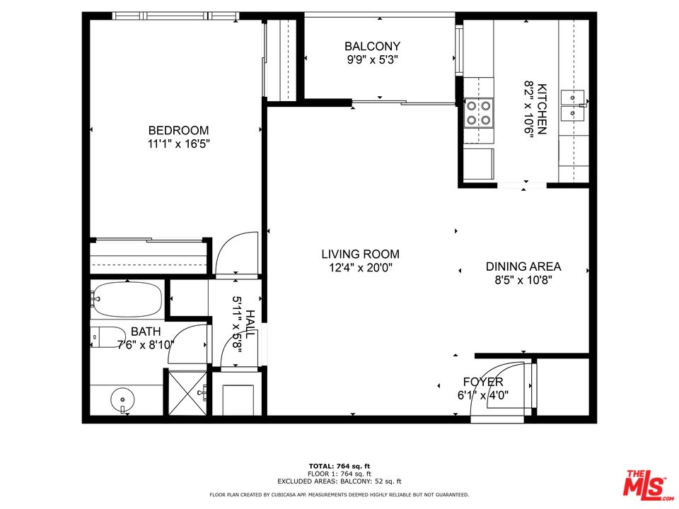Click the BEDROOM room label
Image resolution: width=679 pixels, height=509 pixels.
[178, 130]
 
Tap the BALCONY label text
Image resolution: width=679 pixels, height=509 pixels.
[373, 47]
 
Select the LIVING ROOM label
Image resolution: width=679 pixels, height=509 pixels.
[360, 254]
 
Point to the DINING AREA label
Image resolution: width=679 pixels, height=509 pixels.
[523, 267]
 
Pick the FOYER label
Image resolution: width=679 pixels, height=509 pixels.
[483, 382]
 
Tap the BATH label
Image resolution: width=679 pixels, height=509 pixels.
[146, 332]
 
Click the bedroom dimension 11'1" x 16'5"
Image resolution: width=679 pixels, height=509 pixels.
[178, 144]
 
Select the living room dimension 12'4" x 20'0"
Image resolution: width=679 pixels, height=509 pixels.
[360, 267]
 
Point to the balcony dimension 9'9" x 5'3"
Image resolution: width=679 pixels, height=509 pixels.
[373, 59]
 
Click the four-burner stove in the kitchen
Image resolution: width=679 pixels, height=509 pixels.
[479, 112]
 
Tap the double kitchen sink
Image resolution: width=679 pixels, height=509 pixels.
[572, 106]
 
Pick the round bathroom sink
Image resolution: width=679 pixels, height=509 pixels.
[122, 399]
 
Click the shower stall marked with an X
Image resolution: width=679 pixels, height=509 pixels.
[187, 393]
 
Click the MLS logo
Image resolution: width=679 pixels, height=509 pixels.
[647, 484]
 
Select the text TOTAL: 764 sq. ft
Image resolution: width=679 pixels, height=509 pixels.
[339, 466]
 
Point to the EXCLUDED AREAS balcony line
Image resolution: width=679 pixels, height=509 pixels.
[339, 481]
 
